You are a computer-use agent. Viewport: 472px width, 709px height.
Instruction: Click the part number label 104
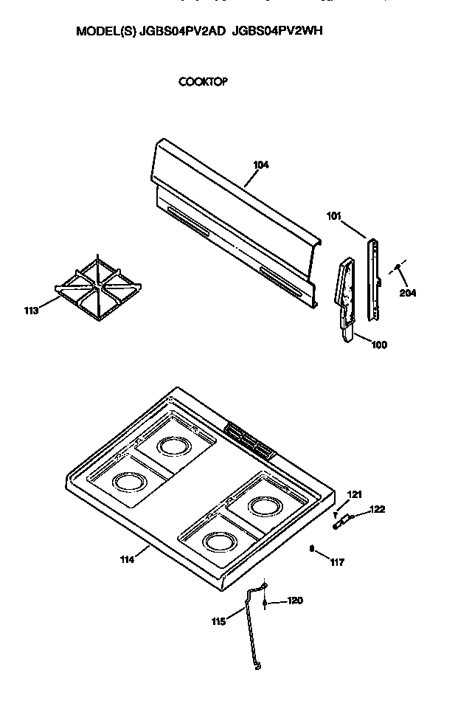261,165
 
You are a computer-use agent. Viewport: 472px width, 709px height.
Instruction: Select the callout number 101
334,216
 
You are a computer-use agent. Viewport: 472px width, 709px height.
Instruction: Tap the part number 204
408,292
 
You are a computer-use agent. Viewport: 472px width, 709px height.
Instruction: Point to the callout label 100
378,344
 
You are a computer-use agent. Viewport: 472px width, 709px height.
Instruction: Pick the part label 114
127,559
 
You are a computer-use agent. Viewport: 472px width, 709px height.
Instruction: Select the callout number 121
355,494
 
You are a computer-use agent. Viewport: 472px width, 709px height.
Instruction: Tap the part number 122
377,509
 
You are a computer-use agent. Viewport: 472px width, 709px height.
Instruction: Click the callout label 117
337,562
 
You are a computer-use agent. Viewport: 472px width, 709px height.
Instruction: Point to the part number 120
294,601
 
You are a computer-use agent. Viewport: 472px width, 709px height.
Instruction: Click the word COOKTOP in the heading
203,82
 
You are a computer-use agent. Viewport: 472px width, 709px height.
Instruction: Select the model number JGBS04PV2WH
278,32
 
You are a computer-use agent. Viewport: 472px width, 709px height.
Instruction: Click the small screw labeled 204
398,267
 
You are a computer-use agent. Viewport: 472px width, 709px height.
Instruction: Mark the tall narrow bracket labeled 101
373,279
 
